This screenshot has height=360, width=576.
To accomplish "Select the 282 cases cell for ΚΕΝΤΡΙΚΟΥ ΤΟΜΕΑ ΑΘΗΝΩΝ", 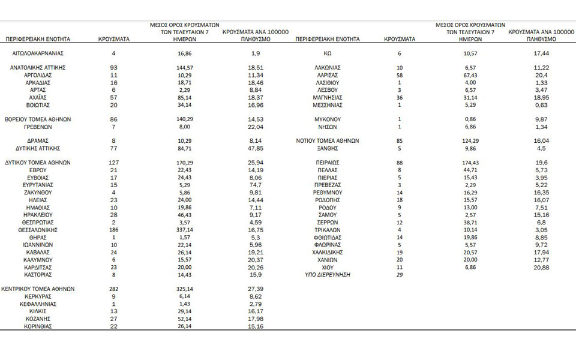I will click(113, 289).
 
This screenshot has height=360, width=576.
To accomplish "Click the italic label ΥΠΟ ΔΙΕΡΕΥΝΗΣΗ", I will click(327, 274).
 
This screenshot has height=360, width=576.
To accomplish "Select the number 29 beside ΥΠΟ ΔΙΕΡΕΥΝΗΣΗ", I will click(400, 274).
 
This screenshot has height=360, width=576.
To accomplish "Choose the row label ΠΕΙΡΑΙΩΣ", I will click(328, 163).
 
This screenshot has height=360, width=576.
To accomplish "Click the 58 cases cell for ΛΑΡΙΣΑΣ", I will click(400, 76).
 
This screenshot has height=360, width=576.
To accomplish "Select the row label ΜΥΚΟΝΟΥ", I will click(328, 119).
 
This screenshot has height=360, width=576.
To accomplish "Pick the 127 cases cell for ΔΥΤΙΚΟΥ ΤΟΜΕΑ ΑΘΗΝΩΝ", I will click(113, 163).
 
